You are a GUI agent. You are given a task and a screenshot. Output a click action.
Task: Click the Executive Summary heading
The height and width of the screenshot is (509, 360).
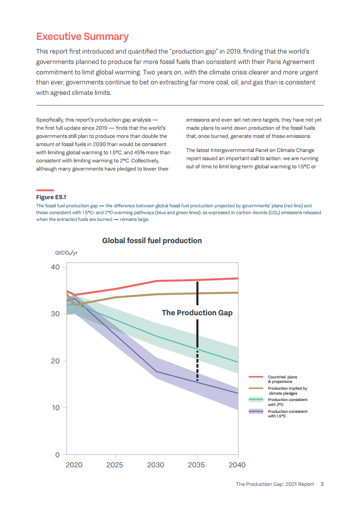click(83, 36)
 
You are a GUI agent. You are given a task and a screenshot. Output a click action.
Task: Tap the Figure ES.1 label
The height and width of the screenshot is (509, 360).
click(51, 197)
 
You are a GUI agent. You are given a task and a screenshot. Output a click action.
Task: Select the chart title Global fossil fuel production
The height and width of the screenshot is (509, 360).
click(152, 240)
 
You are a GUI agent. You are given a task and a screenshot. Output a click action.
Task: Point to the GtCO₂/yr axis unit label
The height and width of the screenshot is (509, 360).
click(66, 253)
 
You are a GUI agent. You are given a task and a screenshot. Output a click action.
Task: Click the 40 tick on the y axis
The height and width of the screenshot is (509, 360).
click(55, 267)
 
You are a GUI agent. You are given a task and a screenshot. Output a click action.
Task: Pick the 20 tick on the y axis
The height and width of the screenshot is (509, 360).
click(55, 361)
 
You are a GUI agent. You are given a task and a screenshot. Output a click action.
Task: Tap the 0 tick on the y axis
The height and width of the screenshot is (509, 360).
click(58, 455)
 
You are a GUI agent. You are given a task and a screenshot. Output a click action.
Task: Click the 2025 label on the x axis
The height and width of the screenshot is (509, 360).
click(115, 465)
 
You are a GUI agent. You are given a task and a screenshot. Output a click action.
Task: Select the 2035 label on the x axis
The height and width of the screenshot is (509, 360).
click(196, 465)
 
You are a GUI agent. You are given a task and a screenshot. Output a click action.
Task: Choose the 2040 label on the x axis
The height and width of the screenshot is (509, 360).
click(237, 465)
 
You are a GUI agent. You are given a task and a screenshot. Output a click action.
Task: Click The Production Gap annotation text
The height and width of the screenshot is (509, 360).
click(197, 313)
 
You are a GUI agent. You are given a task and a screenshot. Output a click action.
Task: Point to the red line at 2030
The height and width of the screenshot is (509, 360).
click(156, 281)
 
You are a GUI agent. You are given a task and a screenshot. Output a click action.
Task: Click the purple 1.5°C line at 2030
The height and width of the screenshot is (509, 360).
click(156, 372)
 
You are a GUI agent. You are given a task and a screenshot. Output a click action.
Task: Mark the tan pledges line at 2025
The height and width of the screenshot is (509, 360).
click(115, 297)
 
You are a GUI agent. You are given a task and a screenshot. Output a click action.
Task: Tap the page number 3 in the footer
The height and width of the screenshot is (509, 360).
click(322, 484)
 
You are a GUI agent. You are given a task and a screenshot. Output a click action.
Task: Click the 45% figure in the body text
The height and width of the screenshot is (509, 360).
click(140, 152)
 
